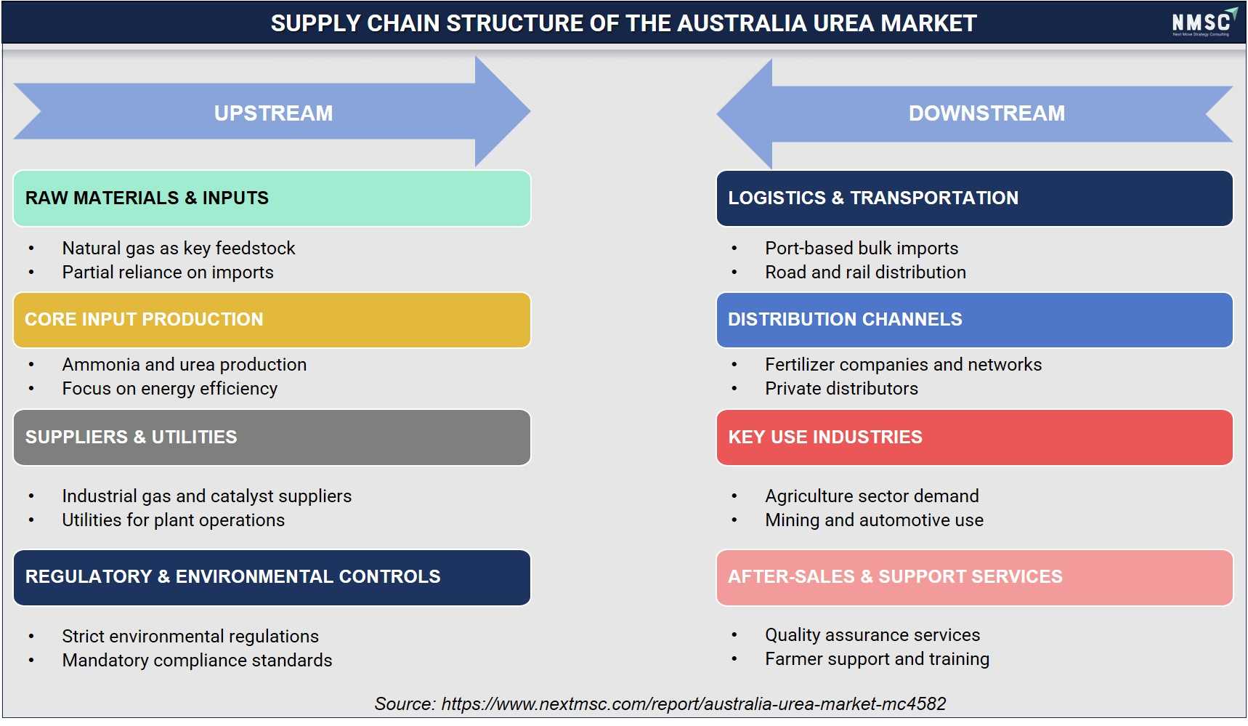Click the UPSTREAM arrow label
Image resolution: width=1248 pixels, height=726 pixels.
pos(273,113)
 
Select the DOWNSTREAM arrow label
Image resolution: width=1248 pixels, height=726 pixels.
pos(986,113)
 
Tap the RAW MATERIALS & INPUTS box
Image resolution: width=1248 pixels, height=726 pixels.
pos(272,198)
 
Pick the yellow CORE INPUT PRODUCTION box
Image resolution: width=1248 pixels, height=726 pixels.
pos(272,320)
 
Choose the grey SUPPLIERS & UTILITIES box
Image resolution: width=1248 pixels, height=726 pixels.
pos(272,437)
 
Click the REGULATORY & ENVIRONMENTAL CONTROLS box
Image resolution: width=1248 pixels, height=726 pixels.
pos(272,578)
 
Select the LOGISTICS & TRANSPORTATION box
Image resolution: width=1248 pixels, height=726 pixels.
pos(974,198)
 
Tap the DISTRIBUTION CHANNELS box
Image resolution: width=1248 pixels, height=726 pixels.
pos(974,320)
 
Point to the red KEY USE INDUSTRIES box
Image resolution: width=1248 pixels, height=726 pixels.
pos(974,437)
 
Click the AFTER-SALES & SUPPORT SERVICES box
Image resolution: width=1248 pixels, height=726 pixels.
pos(974,578)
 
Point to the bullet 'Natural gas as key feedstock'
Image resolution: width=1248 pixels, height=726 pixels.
pos(179,249)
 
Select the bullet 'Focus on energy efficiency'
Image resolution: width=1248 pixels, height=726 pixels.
pos(170,389)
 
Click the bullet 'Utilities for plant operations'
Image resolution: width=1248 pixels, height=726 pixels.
pos(174,520)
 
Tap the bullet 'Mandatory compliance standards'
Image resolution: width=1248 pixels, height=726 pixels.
pos(197,661)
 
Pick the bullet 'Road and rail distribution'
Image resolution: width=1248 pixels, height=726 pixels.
pos(865,273)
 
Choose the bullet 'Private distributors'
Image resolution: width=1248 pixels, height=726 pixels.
pos(841,389)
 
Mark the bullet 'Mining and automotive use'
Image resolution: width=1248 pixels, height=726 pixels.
pos(874,520)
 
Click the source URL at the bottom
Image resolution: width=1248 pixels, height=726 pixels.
pos(694,704)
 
